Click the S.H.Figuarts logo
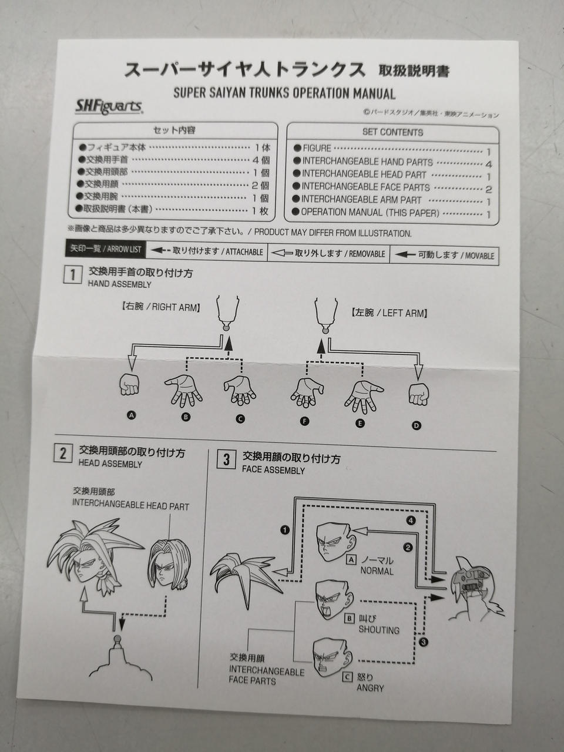coord(109,107)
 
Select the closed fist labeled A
coord(129,384)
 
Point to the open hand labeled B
coord(183,391)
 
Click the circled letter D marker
coord(416,425)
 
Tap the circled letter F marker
coord(304,421)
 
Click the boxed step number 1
coord(73,275)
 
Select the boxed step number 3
coord(226,460)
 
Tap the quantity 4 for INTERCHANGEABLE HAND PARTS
coord(488,164)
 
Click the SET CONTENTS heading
coord(393,132)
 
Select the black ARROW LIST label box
coord(106,249)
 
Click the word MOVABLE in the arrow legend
coord(479,256)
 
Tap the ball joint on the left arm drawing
coord(325,330)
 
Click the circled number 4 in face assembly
coord(411,521)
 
